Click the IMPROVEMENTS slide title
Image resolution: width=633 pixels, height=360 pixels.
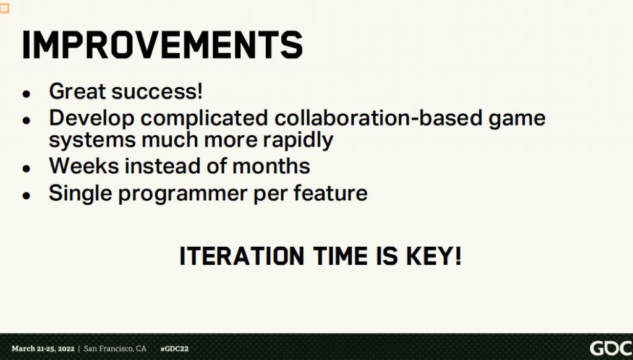point(163,45)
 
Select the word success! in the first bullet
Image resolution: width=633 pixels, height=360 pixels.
point(157,92)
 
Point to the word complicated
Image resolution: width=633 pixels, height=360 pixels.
point(204,119)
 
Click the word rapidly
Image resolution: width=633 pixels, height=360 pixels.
point(298,140)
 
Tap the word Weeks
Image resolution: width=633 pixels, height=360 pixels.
point(84,166)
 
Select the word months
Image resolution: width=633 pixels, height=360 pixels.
point(271,166)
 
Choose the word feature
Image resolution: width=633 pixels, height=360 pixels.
point(330,193)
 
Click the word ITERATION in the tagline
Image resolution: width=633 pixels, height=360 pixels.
point(242,256)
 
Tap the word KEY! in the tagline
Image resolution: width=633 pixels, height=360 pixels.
point(433,256)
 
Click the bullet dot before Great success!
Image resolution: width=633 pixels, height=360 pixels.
point(27,94)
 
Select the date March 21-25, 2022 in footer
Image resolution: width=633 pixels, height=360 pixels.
point(43,349)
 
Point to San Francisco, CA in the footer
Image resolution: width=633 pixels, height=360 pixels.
point(115,349)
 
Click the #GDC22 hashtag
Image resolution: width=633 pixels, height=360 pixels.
point(174,349)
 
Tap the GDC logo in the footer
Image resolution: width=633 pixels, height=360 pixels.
point(611,348)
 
